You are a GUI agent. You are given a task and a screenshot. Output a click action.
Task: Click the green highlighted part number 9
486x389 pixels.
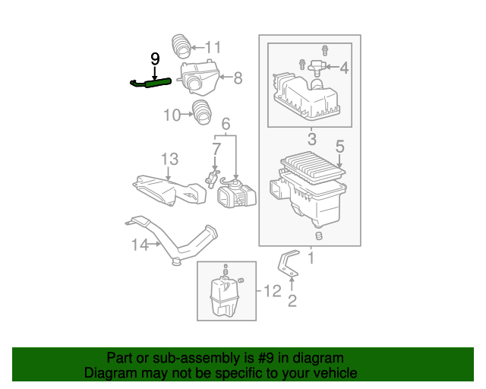tap(150, 83)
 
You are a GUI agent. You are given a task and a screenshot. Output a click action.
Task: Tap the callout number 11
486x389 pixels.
tap(213, 47)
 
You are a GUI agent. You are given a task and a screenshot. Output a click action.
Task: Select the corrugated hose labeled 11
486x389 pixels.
tap(181, 46)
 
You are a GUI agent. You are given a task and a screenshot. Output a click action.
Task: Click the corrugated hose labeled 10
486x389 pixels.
tap(202, 112)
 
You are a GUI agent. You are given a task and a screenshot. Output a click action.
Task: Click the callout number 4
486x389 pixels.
tap(344, 68)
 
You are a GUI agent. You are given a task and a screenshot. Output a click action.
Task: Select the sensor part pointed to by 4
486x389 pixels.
tap(316, 68)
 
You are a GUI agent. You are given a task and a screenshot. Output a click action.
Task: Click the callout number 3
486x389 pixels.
tap(312, 139)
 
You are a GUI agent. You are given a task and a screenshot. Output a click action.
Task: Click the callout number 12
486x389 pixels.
tap(273, 291)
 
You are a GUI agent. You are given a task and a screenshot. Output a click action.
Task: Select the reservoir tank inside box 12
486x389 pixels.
tap(225, 296)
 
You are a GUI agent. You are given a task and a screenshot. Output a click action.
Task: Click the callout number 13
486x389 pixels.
tap(169, 159)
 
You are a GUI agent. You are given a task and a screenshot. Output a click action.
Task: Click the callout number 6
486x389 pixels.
tap(226, 124)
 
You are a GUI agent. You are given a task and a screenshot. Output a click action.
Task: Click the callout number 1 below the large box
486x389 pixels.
tap(311, 258)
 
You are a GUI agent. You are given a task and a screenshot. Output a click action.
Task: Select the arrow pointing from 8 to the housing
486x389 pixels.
tap(226, 77)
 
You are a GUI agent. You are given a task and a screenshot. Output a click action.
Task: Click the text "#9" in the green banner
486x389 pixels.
tap(266, 358)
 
